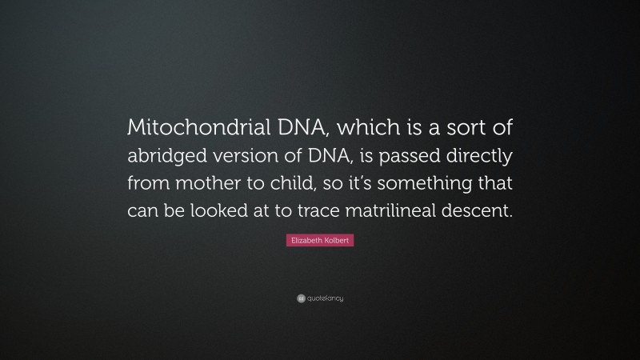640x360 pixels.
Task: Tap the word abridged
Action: point(172,156)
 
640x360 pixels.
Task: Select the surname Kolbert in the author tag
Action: point(337,240)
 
